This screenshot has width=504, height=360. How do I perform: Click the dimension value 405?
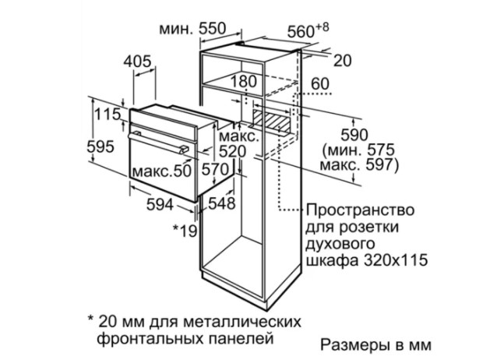coord(137,62)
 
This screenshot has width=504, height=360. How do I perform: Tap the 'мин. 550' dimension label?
coord(192,29)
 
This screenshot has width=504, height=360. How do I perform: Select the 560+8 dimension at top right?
coord(308,30)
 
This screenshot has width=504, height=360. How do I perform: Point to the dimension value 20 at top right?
coord(343,61)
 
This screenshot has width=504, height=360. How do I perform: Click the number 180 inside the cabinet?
coord(243,81)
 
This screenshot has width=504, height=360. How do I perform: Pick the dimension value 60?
coord(320,84)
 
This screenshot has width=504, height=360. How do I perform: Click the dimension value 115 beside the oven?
coord(107,114)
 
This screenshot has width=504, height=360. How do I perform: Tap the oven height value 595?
coord(100,147)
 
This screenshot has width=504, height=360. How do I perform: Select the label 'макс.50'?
coord(162,171)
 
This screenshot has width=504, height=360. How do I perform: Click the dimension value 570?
coord(215,169)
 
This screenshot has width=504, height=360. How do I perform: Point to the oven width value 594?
coord(160,204)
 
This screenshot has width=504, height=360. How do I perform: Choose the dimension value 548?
coord(222,203)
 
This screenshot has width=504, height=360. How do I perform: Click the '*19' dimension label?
coord(185,230)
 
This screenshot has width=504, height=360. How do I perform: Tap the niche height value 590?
coord(354,135)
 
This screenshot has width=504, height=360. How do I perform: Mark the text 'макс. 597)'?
coord(359,165)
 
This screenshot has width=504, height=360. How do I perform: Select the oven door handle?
coord(159,143)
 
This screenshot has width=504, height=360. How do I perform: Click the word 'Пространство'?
coord(360,210)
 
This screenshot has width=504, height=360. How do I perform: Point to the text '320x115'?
coord(396,260)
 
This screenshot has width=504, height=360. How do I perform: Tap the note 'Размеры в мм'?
coord(375,345)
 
